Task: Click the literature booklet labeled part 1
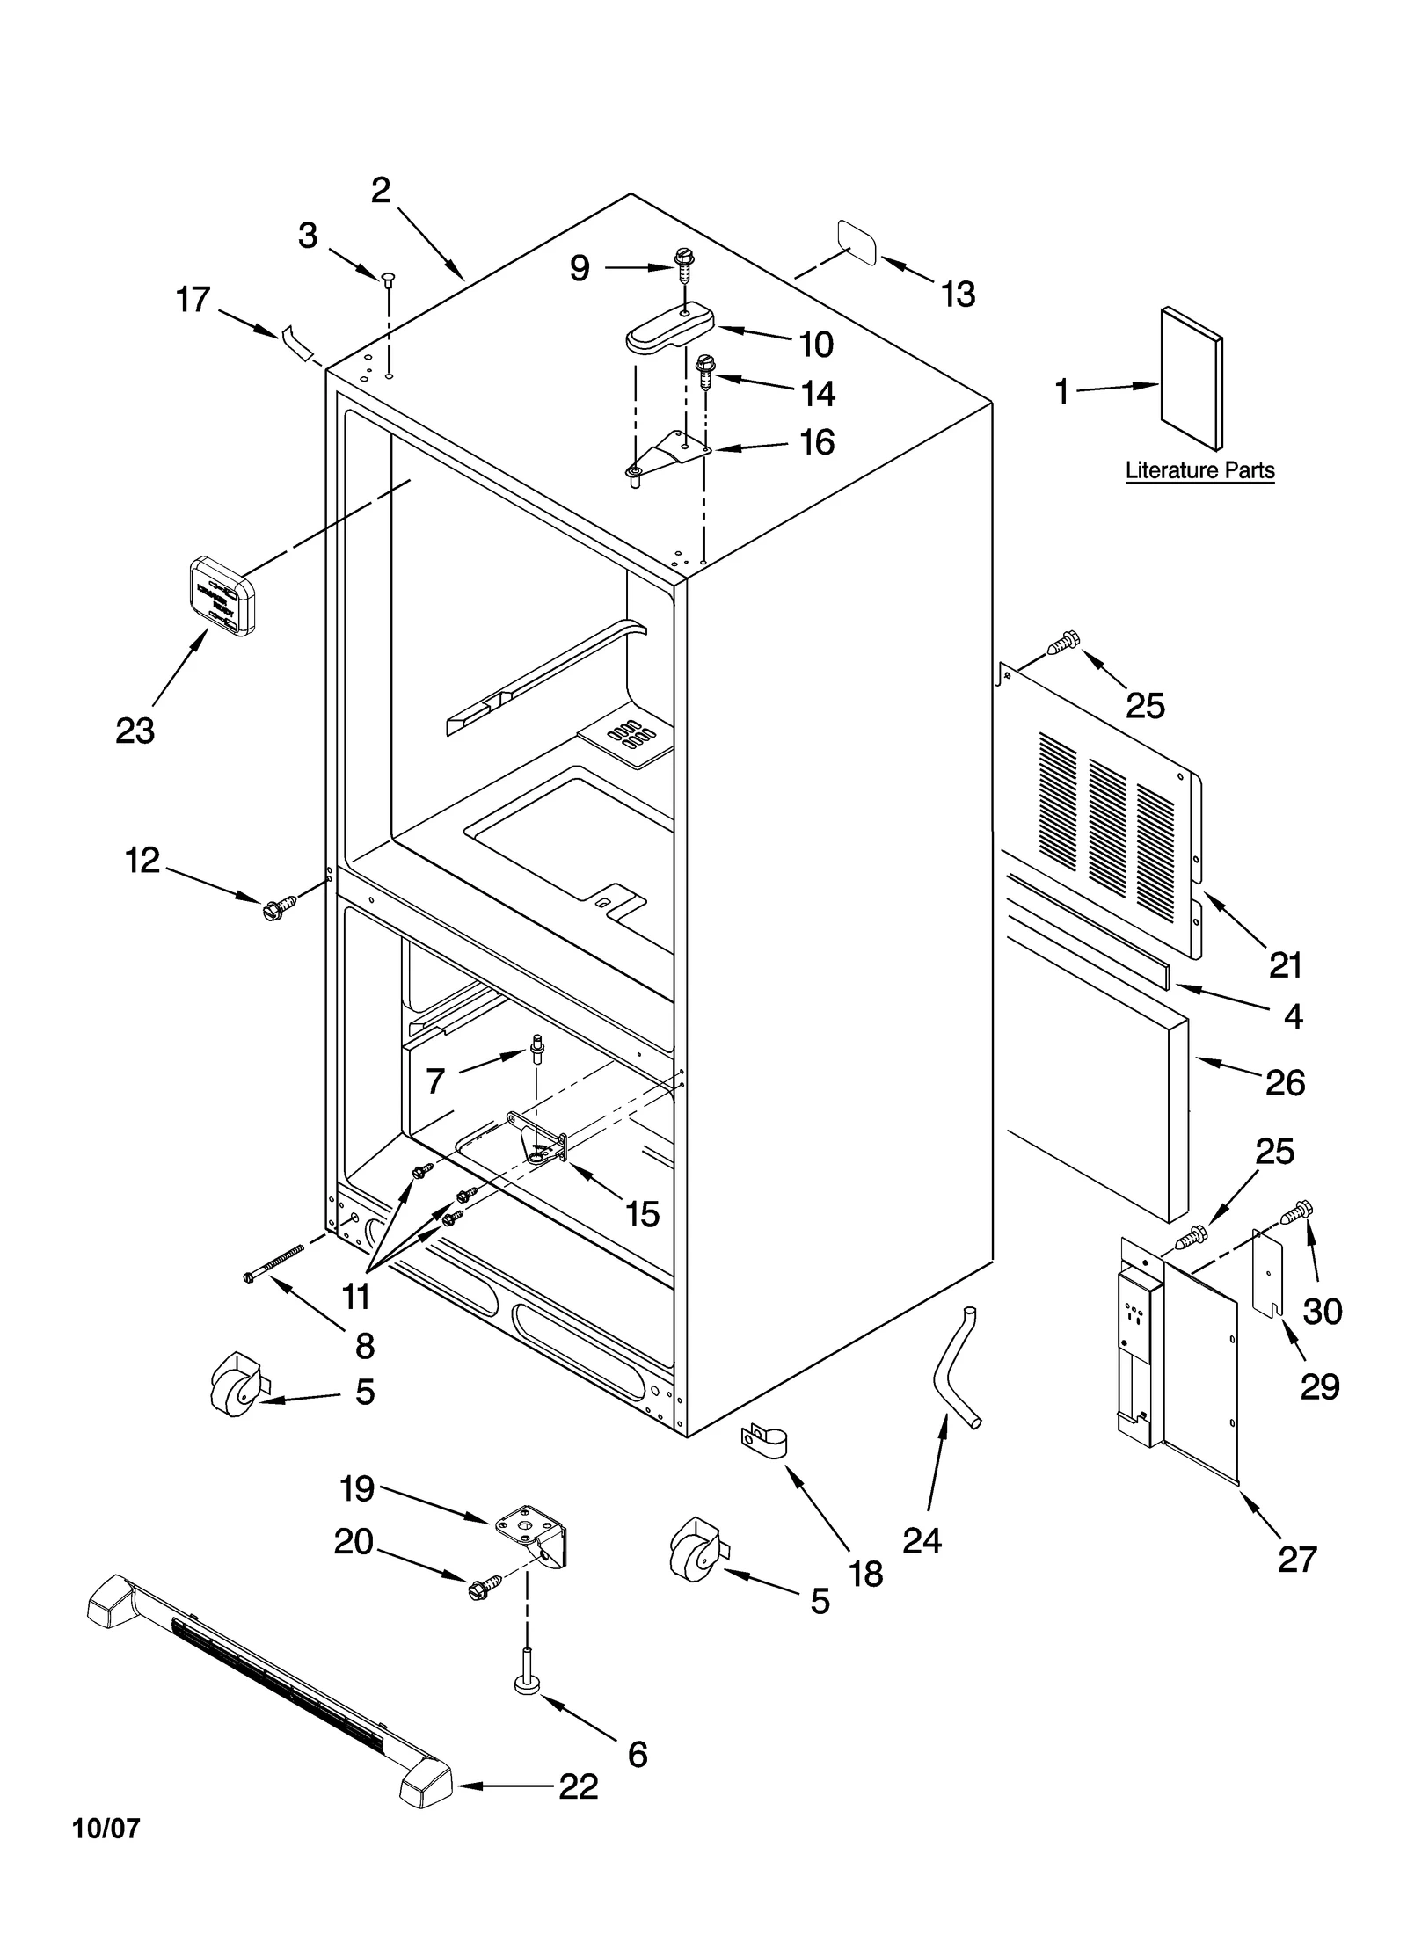tap(1190, 378)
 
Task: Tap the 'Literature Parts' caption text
tap(1199, 470)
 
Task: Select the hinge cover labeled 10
tap(668, 327)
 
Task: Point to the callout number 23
tap(135, 731)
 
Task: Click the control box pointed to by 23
tap(222, 595)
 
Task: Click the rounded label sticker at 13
tap(857, 243)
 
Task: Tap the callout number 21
tap(1285, 964)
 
